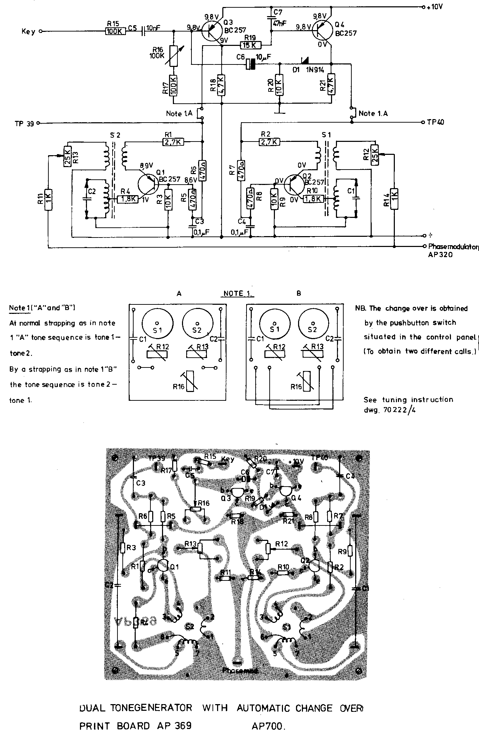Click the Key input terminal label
pos(28,32)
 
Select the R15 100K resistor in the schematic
pos(115,31)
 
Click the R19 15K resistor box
pos(250,45)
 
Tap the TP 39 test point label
pos(24,123)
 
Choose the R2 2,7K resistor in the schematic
pos(270,142)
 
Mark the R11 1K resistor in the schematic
pos(48,200)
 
